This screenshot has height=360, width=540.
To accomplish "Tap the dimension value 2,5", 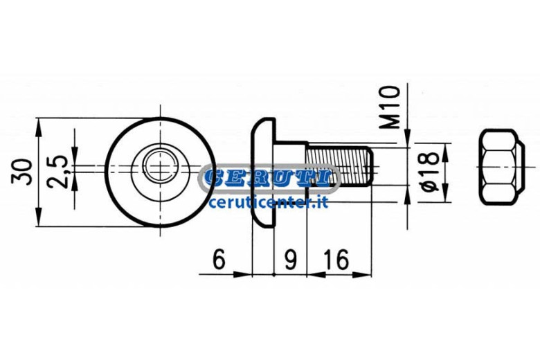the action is coord(57,171).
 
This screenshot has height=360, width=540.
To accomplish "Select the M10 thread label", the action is coord(390,107).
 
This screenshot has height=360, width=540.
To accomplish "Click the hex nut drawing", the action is coord(503,167).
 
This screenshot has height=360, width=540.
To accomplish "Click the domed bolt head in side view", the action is coord(264,172).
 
